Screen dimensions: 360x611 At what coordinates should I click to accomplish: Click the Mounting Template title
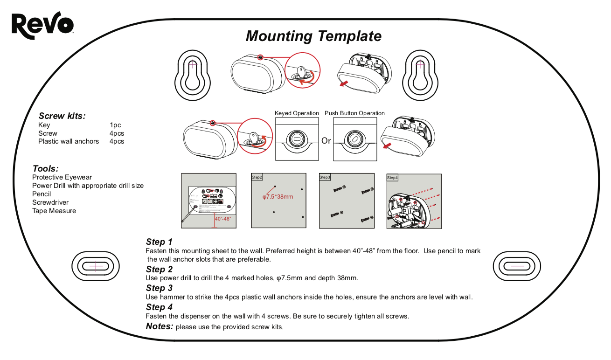pyautogui.click(x=313, y=36)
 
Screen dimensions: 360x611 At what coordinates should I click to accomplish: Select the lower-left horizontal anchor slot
pyautogui.click(x=95, y=266)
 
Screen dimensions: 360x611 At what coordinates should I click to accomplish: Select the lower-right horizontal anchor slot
pyautogui.click(x=517, y=266)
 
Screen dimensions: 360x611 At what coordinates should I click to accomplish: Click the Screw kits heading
pyautogui.click(x=62, y=116)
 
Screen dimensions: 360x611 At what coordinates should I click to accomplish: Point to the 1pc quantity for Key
pyautogui.click(x=115, y=125)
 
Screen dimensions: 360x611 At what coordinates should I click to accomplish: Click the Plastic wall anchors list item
pyautogui.click(x=69, y=141)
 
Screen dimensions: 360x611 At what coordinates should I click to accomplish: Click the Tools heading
pyautogui.click(x=46, y=168)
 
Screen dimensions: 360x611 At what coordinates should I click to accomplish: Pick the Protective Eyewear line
pyautogui.click(x=62, y=177)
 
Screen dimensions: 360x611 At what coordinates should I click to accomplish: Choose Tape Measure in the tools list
pyautogui.click(x=54, y=211)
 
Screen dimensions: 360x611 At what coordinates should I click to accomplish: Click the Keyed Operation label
pyautogui.click(x=297, y=113)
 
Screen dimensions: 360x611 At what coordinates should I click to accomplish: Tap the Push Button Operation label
pyautogui.click(x=354, y=113)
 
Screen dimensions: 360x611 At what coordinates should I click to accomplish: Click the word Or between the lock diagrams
pyautogui.click(x=326, y=140)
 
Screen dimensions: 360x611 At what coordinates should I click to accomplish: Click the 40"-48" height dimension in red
pyautogui.click(x=223, y=219)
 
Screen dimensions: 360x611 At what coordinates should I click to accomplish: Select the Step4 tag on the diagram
pyautogui.click(x=393, y=178)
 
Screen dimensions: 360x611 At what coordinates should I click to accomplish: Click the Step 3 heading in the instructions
pyautogui.click(x=159, y=288)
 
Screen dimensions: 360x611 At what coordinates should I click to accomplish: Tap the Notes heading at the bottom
pyautogui.click(x=160, y=326)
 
